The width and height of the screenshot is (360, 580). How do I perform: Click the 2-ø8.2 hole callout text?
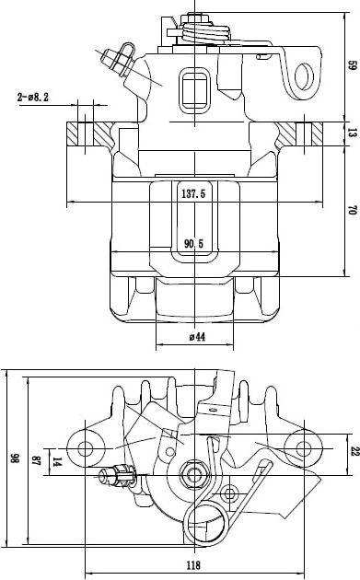point(32,98)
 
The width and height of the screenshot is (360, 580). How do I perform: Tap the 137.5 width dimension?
point(193,193)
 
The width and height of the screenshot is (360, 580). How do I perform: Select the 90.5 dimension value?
point(194,243)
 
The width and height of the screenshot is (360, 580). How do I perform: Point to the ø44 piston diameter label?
point(197,337)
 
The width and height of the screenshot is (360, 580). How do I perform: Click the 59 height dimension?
point(353,66)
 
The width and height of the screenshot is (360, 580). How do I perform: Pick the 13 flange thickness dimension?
point(353,133)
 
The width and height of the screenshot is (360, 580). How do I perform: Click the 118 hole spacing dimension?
point(193,565)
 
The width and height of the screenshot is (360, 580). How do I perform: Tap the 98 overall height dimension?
point(15,458)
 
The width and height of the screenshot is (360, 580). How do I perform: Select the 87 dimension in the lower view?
point(36,460)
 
